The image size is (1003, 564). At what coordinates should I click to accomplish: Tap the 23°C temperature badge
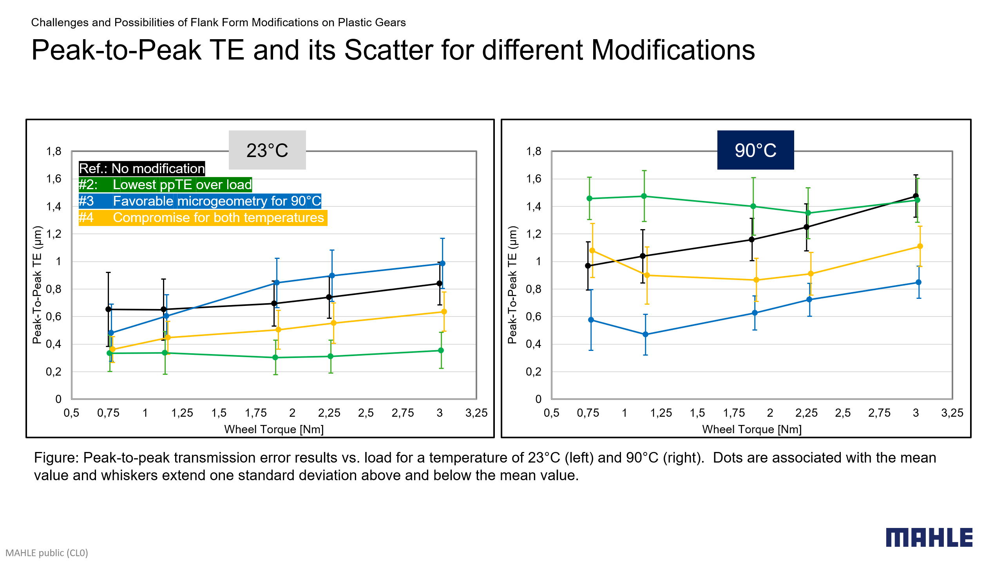pos(267,150)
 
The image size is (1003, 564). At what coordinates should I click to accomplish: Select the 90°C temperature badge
pos(755,150)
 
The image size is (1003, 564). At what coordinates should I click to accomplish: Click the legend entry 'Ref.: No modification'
pos(142,168)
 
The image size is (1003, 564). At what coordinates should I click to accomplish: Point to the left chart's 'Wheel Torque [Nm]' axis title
pos(274,429)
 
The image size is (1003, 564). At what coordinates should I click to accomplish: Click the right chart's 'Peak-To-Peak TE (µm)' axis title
pos(512,285)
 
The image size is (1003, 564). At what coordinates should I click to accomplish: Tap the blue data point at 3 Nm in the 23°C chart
pos(442,264)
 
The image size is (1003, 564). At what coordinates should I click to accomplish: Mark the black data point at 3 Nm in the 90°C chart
pos(916,196)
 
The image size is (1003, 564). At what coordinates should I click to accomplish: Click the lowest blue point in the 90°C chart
pos(645,334)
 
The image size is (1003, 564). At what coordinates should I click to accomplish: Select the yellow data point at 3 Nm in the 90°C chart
pos(920,246)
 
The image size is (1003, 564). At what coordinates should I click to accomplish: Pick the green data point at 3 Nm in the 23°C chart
pos(441,351)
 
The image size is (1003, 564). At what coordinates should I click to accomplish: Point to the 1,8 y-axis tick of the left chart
pos(54,151)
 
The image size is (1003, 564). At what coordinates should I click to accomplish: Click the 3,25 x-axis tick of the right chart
pos(952,413)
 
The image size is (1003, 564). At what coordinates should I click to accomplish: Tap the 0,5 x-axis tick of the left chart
pos(71,413)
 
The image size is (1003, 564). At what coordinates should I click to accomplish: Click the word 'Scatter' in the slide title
pos(408,50)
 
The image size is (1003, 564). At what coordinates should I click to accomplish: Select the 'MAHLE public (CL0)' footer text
pos(47,553)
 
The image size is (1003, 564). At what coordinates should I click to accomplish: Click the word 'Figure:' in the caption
pos(56,457)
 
